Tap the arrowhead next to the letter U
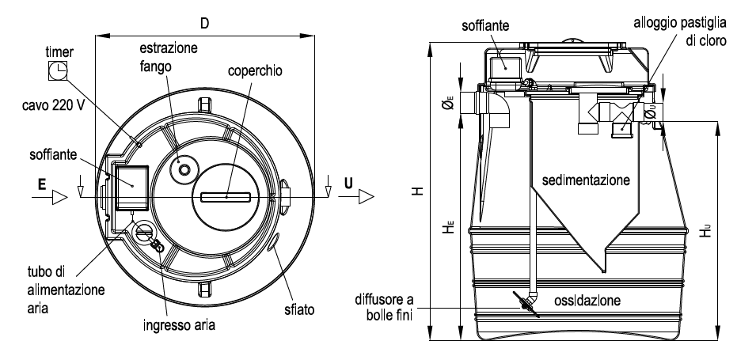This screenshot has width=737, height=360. click(364, 196)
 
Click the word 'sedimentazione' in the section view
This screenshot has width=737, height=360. click(586, 180)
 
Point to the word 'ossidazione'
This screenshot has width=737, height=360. click(587, 301)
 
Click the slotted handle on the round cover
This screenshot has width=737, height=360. click(225, 195)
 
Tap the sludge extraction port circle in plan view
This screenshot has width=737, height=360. click(184, 169)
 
